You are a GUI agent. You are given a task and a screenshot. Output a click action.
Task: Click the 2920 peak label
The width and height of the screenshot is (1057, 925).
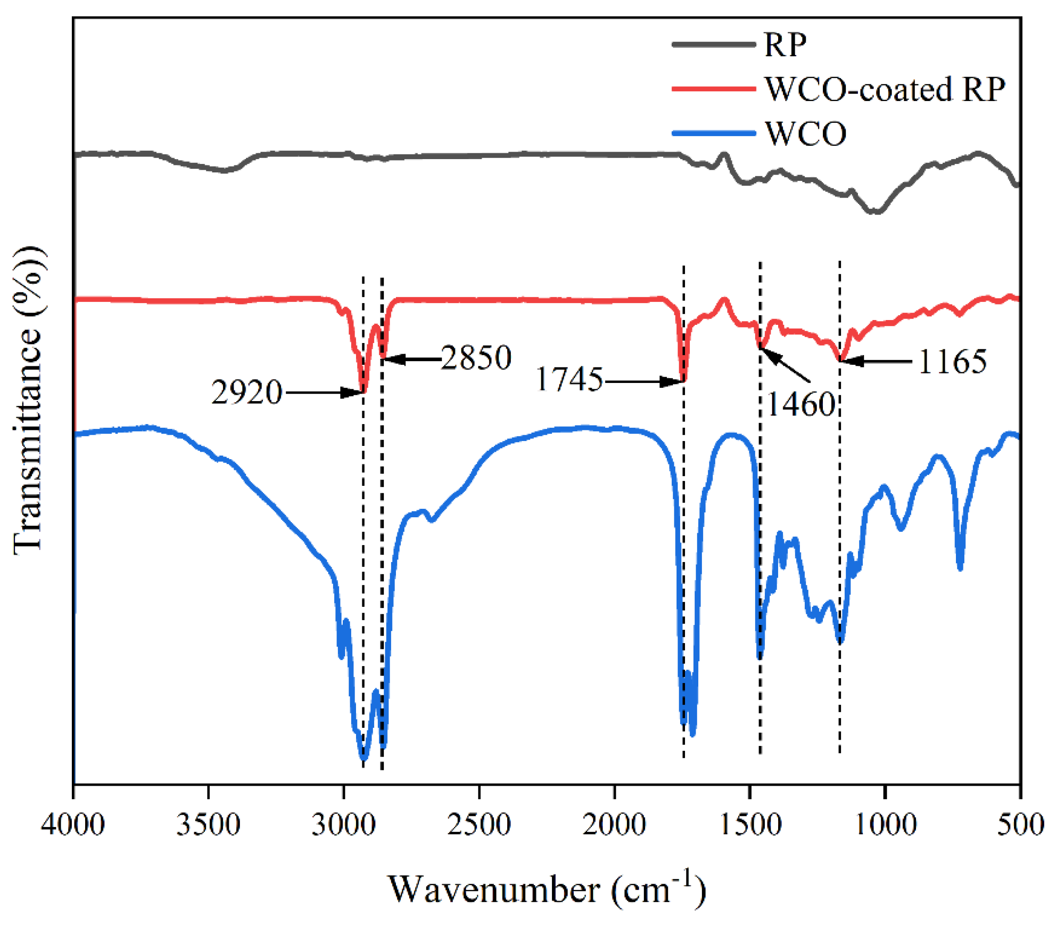click(247, 392)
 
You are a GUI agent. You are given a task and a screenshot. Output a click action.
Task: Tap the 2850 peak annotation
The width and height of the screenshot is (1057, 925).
click(476, 357)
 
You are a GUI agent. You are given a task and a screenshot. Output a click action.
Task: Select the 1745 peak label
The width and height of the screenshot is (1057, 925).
click(569, 379)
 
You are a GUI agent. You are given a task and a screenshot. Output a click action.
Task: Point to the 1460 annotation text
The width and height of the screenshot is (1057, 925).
click(800, 404)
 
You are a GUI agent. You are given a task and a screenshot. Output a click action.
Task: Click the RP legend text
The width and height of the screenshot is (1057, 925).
click(785, 45)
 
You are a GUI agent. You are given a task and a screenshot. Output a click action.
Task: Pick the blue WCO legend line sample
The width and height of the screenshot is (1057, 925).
click(714, 133)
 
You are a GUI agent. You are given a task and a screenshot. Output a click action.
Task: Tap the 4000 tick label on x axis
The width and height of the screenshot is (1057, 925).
click(73, 824)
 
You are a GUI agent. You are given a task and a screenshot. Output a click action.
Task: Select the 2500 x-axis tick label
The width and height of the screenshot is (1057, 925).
click(479, 824)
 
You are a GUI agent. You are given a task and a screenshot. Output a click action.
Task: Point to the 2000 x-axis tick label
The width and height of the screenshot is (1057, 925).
click(614, 824)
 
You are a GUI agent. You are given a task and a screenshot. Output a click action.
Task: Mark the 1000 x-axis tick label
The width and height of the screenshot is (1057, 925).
click(885, 824)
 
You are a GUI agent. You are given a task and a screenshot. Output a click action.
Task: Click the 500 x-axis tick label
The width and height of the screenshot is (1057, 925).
click(1020, 824)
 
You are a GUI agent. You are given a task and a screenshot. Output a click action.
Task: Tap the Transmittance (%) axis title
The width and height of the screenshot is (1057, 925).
click(28, 400)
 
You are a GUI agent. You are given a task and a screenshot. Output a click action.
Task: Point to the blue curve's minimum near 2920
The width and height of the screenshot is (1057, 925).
click(364, 759)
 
